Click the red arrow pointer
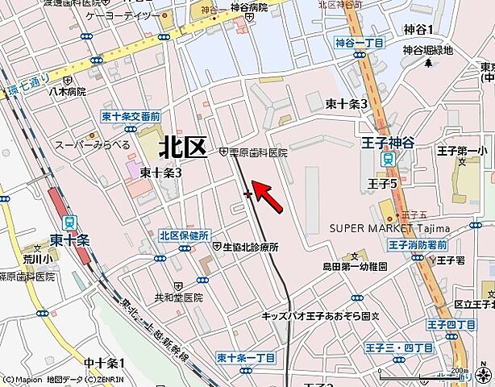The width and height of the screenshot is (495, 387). [268, 198]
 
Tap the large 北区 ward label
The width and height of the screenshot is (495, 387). [183, 146]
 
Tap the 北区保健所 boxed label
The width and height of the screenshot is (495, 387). [185, 235]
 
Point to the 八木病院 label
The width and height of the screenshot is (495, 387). [66, 93]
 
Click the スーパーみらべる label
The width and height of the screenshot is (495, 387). [92, 145]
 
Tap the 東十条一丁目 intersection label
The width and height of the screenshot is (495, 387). [247, 356]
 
